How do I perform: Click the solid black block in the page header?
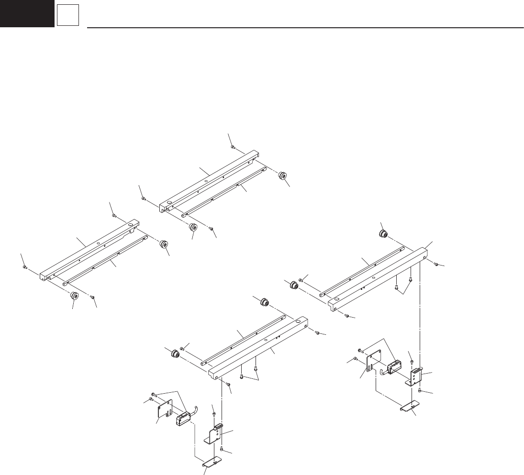27,13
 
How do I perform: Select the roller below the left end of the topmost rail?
194,228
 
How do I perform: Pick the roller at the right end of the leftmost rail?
163,245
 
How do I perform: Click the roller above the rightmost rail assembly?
383,234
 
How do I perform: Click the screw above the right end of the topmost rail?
232,147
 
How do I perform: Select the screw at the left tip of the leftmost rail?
24,268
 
